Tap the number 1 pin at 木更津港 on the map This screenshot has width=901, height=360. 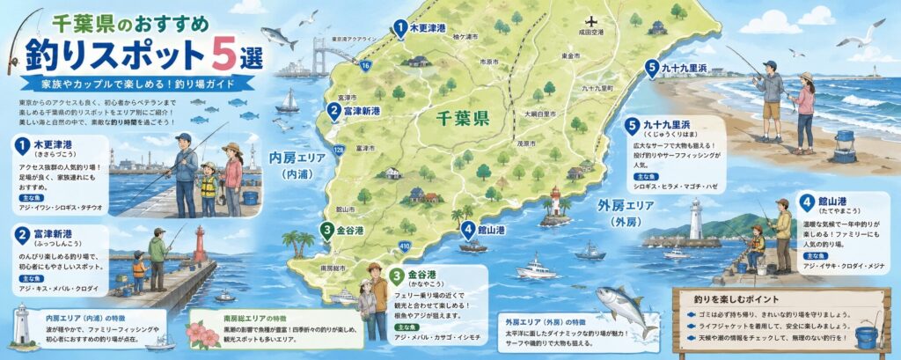click(400, 28)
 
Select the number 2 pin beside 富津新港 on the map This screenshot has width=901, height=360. click(334, 111)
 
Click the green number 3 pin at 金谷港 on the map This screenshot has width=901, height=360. click(326, 231)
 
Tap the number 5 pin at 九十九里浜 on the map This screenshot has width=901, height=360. click(651, 66)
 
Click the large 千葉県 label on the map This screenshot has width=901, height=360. click(465, 118)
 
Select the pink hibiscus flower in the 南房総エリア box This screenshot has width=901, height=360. click(212, 334)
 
